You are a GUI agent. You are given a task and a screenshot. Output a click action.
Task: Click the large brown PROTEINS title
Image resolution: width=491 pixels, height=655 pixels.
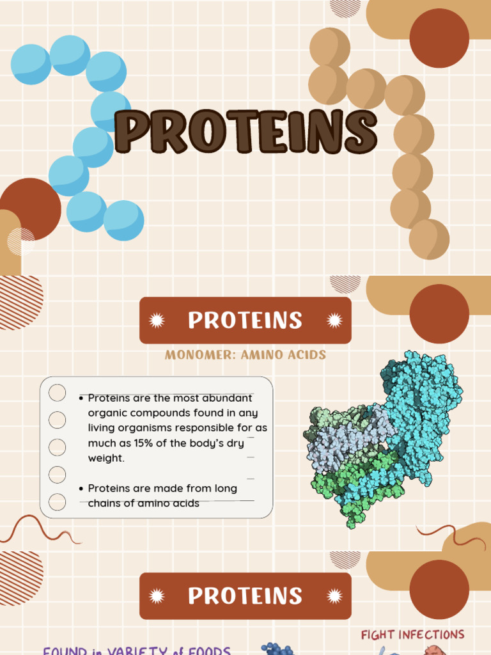(245, 132)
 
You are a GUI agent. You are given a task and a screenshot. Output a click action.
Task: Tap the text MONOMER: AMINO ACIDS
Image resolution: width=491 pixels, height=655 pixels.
(245, 355)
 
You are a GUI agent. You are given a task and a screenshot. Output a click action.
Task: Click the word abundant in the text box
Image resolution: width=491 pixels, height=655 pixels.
(224, 398)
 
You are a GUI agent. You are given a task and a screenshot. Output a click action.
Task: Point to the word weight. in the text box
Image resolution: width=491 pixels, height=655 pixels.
(106, 458)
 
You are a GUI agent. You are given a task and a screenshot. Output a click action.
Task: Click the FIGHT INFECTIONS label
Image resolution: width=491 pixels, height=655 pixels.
(412, 635)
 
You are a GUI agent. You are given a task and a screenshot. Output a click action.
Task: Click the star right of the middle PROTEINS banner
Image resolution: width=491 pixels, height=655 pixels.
(334, 320)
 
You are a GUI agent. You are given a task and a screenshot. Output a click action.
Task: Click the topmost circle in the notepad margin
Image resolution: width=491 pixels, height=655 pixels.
(58, 393)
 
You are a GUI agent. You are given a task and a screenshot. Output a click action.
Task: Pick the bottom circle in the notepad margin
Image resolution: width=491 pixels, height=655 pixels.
(58, 502)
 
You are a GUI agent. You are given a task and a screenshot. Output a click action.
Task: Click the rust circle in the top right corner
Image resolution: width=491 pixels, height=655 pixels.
(439, 38)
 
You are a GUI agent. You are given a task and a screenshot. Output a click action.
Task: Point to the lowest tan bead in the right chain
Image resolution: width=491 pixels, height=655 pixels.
(429, 239)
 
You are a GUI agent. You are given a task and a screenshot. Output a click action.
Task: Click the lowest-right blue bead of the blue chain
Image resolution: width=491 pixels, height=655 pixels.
(123, 221)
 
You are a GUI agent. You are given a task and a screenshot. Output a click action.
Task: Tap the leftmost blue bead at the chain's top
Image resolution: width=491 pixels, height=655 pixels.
(31, 65)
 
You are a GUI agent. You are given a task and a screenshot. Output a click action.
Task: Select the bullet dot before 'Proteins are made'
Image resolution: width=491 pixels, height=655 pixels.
(81, 489)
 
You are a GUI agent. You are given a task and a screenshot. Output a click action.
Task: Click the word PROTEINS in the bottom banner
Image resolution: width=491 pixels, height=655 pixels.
(245, 596)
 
